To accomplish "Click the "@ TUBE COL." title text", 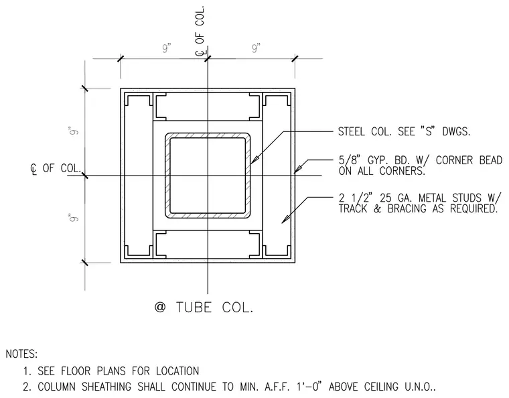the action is [204, 307].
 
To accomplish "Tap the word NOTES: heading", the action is [21, 354].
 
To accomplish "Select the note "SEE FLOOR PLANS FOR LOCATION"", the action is [118, 371].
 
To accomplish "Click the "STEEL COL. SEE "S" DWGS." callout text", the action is [404, 131].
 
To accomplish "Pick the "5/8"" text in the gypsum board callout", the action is [350, 160].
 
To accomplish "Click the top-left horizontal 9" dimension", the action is [167, 48].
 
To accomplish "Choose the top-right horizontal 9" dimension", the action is [256, 48].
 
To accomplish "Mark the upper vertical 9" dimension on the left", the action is [74, 131].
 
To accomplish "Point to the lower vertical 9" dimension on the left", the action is [74, 218].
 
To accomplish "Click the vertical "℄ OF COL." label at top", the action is [200, 31].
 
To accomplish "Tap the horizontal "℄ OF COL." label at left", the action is [56, 168].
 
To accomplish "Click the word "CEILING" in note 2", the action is [381, 387].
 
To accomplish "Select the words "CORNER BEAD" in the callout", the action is [469, 160].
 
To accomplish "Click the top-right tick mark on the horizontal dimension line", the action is [295, 59].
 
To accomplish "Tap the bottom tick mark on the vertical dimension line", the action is [85, 262].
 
